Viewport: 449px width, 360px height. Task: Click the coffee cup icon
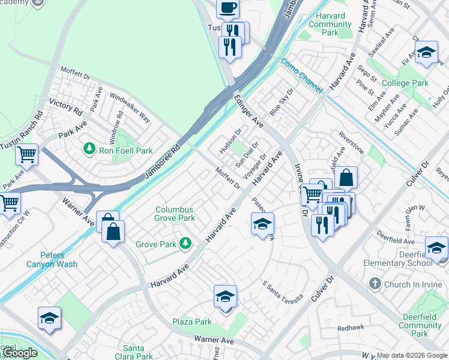tap(228, 8)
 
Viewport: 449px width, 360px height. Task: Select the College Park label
tap(405, 83)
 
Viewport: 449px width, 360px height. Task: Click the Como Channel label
tap(303, 74)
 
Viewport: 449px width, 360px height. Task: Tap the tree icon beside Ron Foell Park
tap(89, 147)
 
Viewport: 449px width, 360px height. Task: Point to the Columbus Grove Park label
tap(175, 214)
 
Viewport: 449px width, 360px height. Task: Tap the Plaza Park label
tap(192, 322)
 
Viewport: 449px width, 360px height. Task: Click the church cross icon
tap(375, 283)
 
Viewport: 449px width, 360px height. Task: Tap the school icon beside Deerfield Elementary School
tap(436, 247)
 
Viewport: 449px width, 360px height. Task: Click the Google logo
tap(20, 353)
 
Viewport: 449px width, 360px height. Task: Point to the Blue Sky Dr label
tap(282, 103)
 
